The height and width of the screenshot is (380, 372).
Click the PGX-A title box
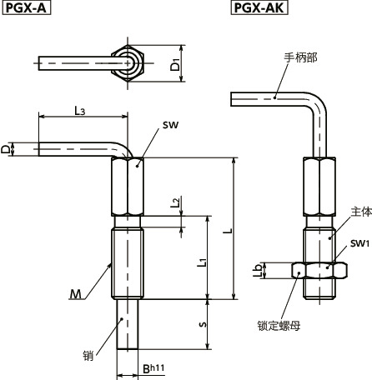[26, 8]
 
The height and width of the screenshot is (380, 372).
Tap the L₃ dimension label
[80, 110]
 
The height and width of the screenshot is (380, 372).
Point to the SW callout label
[171, 125]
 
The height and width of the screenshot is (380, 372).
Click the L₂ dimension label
[174, 203]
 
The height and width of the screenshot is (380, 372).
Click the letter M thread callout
[77, 292]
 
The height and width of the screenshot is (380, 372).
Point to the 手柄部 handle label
[300, 57]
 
